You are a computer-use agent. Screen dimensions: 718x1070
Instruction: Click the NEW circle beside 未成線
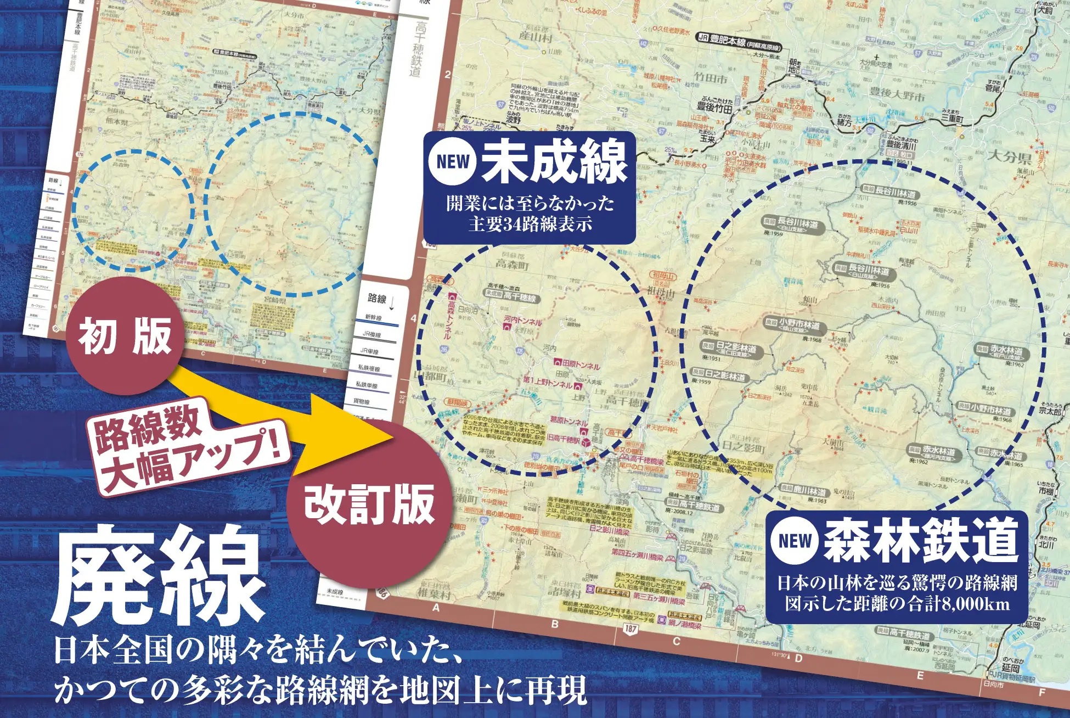(453, 161)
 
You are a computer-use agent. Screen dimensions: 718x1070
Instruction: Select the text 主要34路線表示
(530, 225)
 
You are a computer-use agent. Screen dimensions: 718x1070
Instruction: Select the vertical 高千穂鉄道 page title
(419, 49)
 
